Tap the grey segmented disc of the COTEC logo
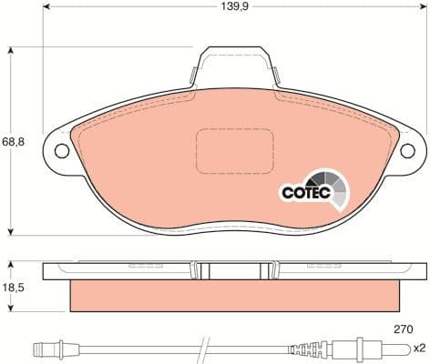tap(328, 187)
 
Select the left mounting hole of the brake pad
tap(62, 152)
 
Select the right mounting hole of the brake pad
tap(410, 152)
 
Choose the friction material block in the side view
tap(235, 291)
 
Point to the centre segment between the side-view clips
tap(236, 269)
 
